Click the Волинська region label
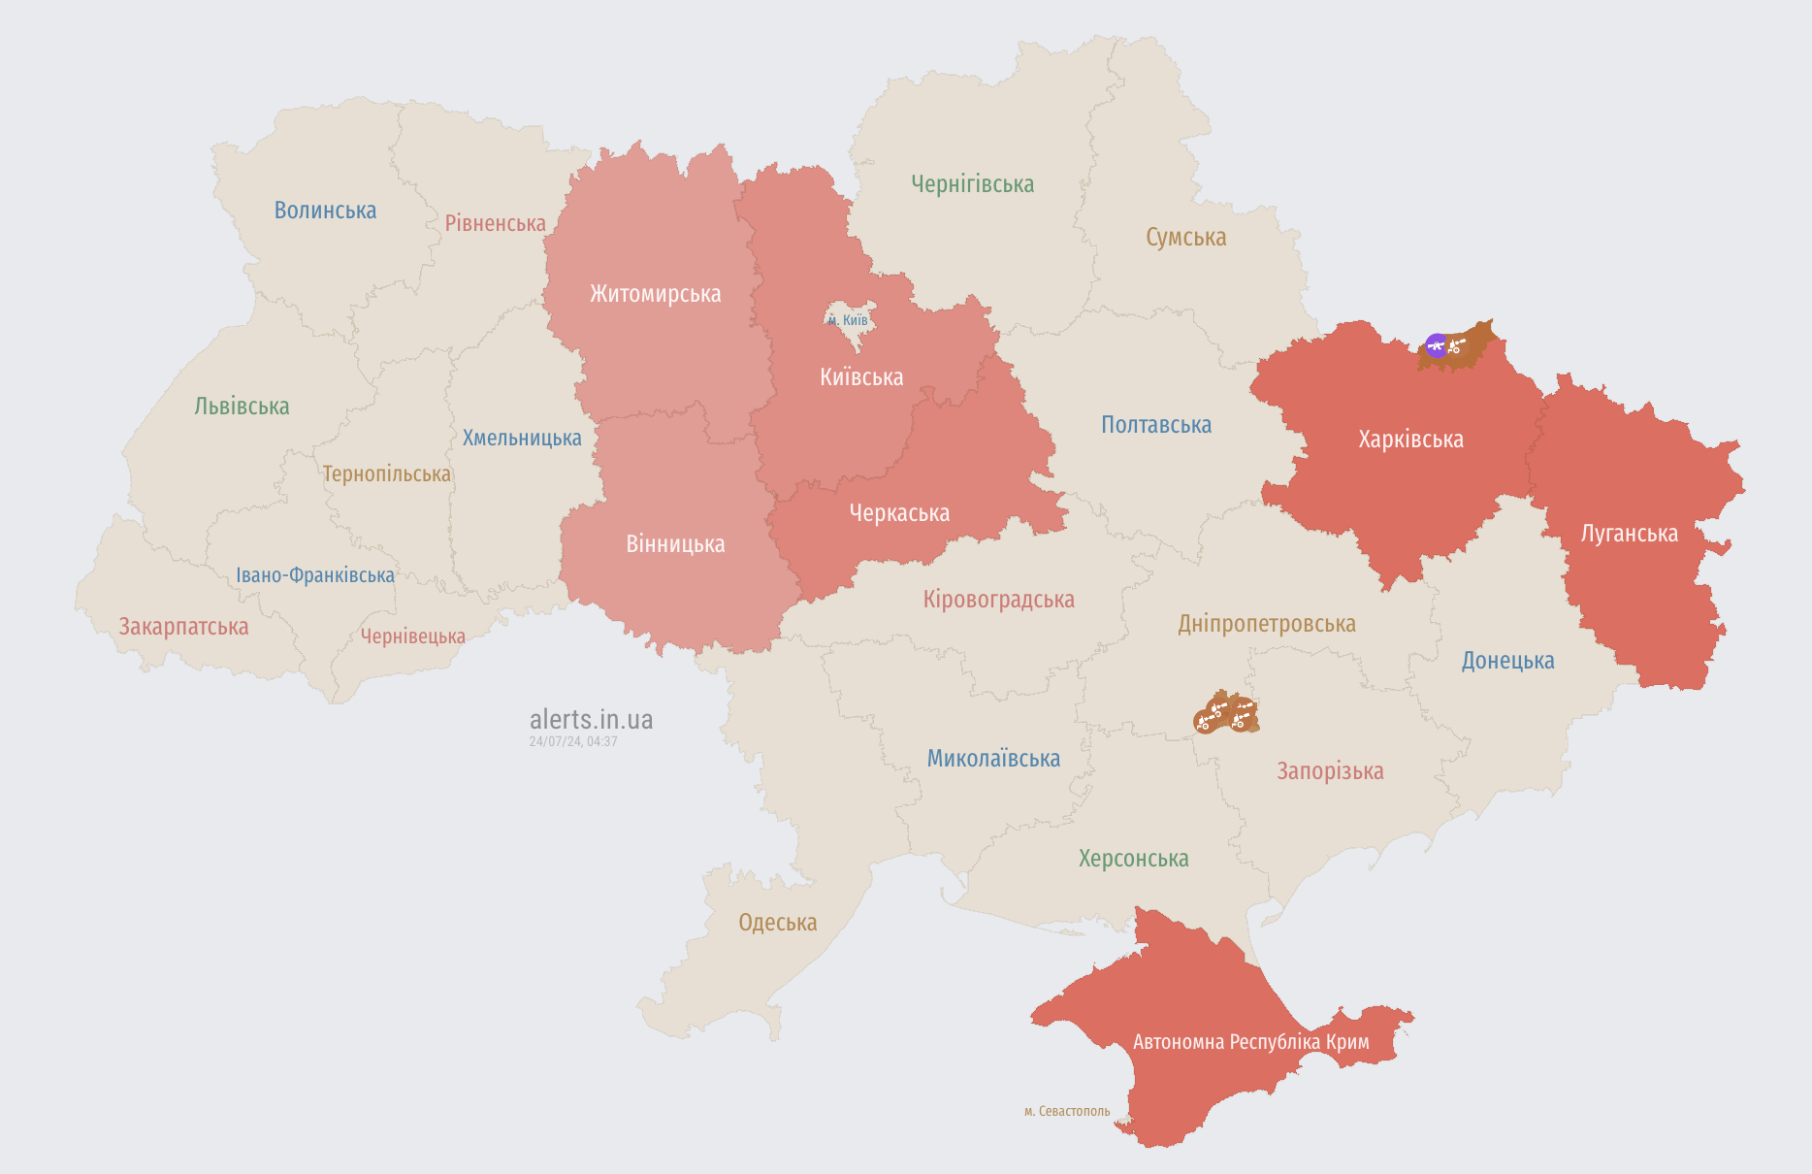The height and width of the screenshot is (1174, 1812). coord(325,211)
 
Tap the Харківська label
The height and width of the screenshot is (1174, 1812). coord(1410,440)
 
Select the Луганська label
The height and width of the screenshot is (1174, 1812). coord(1629,534)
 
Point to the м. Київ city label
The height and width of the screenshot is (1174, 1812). coord(848,320)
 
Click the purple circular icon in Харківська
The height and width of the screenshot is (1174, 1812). coord(1436,345)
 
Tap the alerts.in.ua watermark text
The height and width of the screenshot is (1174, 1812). coord(591,720)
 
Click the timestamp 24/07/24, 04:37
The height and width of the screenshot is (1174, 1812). coord(573,741)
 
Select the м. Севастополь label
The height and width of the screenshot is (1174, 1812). coord(1066,1111)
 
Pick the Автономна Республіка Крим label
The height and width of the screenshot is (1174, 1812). coord(1250,1042)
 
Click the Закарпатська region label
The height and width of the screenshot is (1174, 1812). coord(183,627)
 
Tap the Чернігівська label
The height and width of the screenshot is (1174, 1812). coord(972,184)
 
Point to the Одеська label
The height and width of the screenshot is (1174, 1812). coord(777,923)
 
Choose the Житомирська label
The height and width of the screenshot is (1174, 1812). coord(655,294)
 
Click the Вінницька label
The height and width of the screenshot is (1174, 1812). coord(675,544)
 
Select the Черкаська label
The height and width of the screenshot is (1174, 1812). coord(899,513)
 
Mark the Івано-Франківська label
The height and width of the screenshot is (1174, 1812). coord(315,575)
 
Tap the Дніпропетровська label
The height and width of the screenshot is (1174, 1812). coord(1266,624)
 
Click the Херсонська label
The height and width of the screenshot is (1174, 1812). coord(1133,859)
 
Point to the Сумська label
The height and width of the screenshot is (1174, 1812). coord(1185,238)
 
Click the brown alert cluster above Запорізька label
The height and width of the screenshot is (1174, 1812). coord(1226,713)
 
